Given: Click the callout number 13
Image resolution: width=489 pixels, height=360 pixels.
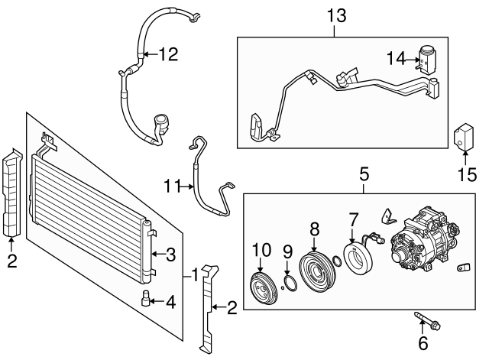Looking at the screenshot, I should (x=335, y=15).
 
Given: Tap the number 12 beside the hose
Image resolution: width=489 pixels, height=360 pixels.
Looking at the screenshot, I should (x=167, y=54).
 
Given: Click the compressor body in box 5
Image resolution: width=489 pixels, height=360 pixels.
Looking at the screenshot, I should (x=423, y=242).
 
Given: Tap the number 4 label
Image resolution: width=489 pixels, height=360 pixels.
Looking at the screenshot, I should (x=170, y=303).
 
